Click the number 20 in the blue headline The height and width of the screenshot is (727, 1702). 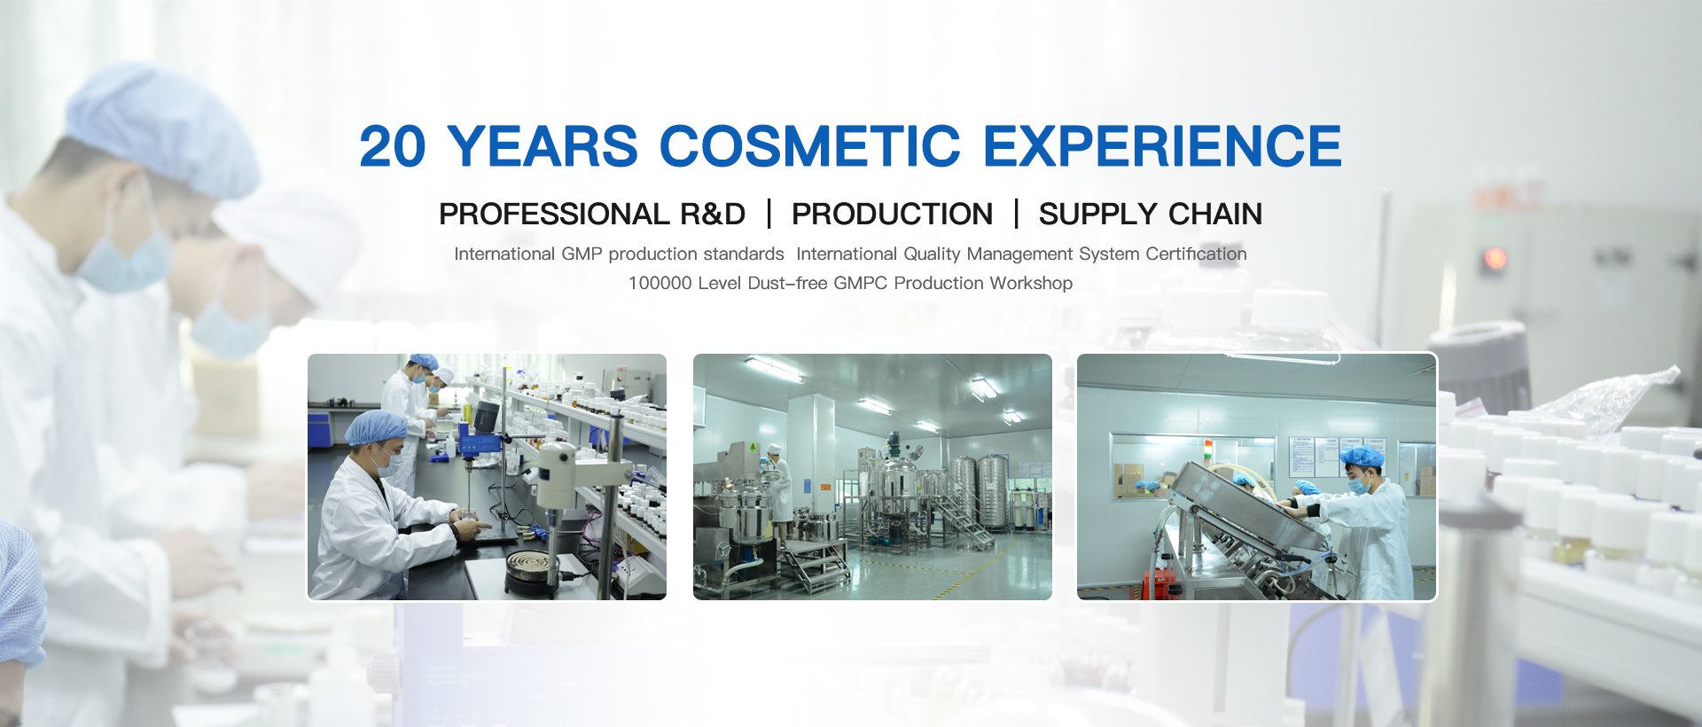click(x=393, y=146)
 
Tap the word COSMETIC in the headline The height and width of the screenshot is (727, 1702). click(x=809, y=146)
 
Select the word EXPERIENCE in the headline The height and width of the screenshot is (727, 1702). click(x=1162, y=146)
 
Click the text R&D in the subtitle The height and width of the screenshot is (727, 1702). click(x=713, y=214)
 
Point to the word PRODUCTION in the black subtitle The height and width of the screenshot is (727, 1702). click(x=892, y=214)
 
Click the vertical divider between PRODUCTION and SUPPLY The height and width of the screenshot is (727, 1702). click(x=1016, y=214)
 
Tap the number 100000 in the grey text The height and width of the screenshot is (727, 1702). click(x=660, y=283)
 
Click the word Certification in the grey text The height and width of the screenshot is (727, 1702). click(x=1196, y=254)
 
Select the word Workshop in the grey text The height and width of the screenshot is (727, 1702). click(x=1031, y=283)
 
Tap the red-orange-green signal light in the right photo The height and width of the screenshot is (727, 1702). click(x=1208, y=449)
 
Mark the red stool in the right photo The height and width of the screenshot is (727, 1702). click(x=1158, y=585)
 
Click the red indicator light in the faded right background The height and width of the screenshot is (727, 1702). click(x=1495, y=259)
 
